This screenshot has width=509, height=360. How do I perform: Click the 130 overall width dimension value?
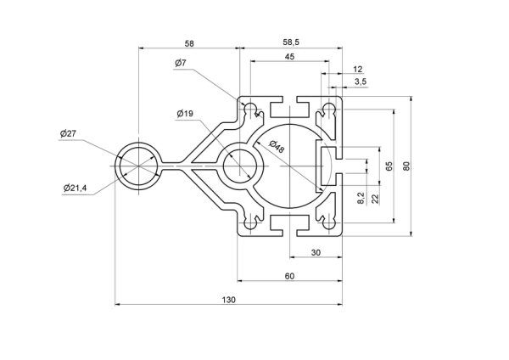point(228,300)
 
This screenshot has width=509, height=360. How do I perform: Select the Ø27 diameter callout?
point(68,133)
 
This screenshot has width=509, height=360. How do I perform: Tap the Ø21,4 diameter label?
point(75,188)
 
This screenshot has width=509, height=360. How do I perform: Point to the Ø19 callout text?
point(185,114)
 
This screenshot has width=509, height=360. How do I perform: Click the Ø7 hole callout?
point(181,63)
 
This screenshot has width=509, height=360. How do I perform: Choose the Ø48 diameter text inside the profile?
point(277,147)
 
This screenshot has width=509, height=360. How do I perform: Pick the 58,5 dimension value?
point(291,42)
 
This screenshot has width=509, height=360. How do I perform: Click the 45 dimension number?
point(289,57)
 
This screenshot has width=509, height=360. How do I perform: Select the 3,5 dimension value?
point(361,82)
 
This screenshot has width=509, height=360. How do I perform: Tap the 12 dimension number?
point(357,69)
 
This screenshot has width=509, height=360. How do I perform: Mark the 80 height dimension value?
point(406,166)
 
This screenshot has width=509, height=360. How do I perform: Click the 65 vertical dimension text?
point(389,166)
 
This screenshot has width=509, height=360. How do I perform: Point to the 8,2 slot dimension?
point(361,198)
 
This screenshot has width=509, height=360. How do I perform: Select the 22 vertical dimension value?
point(375,199)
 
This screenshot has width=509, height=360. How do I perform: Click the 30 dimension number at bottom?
point(316,252)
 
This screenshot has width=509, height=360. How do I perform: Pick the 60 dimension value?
point(289,276)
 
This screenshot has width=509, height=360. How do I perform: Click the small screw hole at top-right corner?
point(329,109)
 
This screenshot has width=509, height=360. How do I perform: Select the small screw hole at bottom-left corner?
point(250,224)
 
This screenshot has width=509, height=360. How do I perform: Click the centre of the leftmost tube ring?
point(139,166)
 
